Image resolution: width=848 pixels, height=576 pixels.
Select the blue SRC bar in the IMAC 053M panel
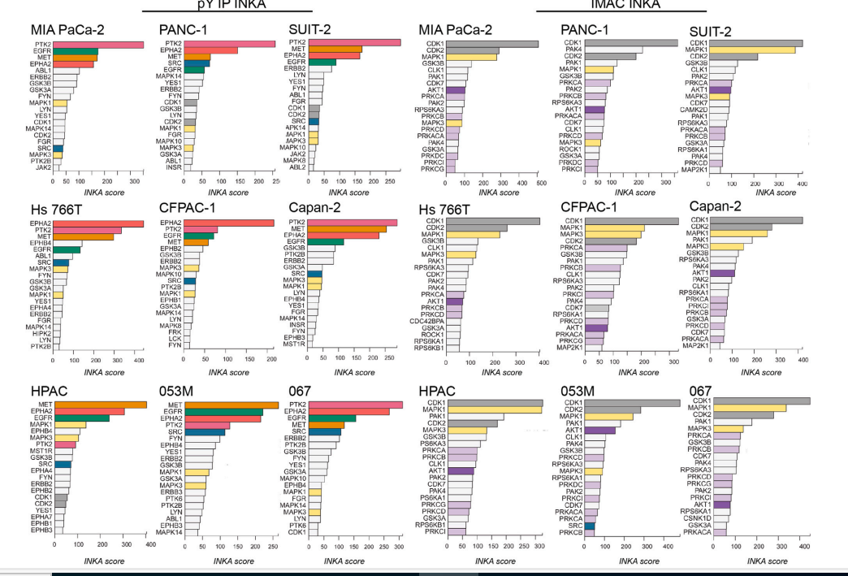pyautogui.click(x=589, y=526)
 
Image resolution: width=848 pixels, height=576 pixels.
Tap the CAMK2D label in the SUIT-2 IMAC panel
pyautogui.click(x=696, y=109)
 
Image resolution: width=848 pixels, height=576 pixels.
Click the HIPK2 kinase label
pyautogui.click(x=41, y=332)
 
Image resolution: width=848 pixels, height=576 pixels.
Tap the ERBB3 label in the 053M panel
pyautogui.click(x=171, y=492)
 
